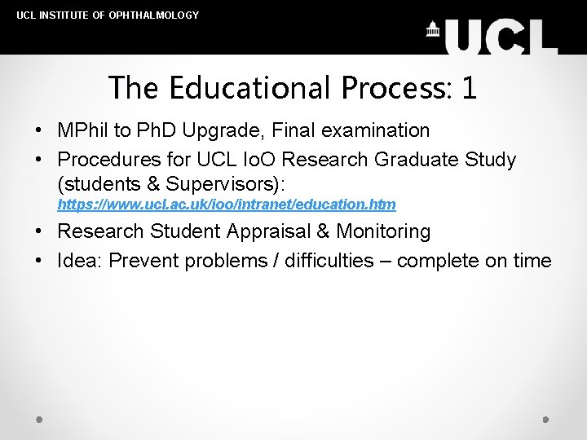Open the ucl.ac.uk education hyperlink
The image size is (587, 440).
point(227,204)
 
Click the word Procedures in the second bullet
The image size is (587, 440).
point(106,160)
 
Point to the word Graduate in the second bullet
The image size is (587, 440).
point(400,160)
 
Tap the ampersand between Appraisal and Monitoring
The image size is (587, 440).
point(323,231)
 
